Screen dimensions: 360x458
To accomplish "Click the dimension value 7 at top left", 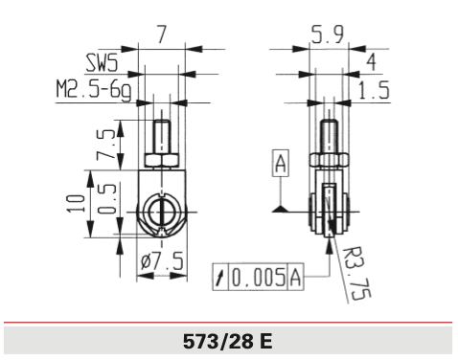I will coord(163,34).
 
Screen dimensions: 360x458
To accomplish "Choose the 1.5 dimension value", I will coord(368,90).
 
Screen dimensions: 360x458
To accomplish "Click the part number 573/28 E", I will coord(229,340).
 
